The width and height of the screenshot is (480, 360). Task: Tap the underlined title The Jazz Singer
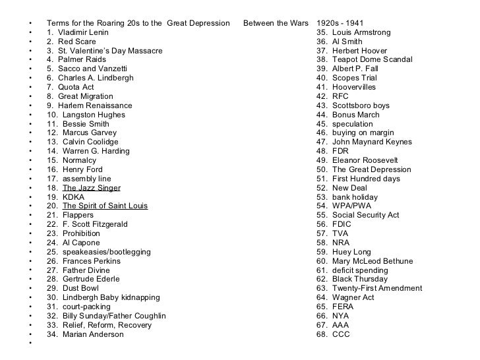(x=91, y=188)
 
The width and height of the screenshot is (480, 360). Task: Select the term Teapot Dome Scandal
(x=365, y=59)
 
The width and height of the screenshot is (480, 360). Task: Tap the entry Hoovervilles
(x=354, y=87)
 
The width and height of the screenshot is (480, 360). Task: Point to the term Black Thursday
(x=354, y=279)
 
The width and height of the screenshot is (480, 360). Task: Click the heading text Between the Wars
(x=276, y=23)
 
